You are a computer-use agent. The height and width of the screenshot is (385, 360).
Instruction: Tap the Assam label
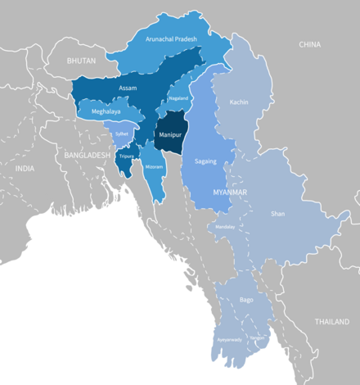(128, 88)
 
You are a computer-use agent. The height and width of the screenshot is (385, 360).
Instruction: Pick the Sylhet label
(122, 131)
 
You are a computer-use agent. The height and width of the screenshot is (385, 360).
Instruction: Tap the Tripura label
(126, 156)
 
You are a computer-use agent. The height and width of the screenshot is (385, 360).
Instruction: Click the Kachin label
(239, 102)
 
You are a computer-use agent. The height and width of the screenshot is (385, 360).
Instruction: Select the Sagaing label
(205, 161)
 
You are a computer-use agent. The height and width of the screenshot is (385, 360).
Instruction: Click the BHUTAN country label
(82, 61)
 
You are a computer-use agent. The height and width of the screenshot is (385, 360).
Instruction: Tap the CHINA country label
(309, 44)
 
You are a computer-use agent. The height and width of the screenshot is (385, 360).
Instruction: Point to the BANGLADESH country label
(82, 154)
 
